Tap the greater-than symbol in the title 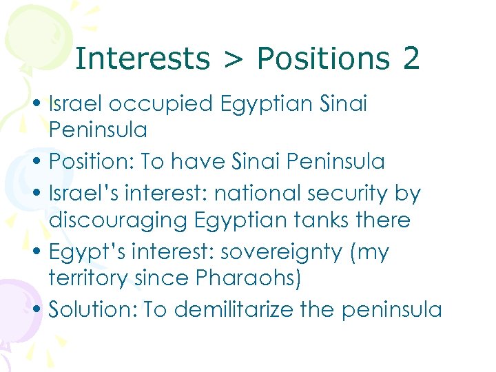(x=233, y=60)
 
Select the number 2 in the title (x=411, y=59)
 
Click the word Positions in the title (x=323, y=59)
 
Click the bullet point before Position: (x=41, y=163)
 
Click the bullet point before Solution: (x=41, y=310)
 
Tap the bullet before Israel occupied (x=41, y=105)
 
